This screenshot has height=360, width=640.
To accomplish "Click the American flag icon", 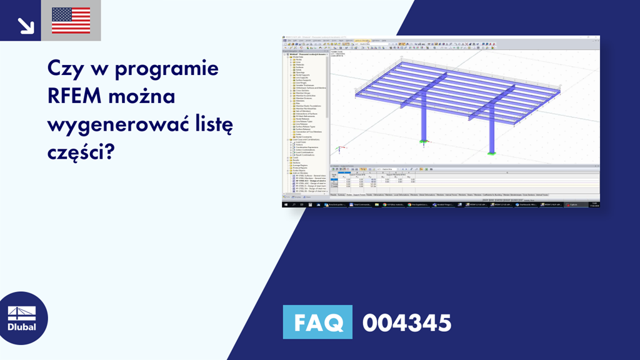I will [71, 21].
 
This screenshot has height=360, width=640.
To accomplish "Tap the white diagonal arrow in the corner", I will [26, 24].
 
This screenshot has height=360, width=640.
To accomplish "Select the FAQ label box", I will [317, 323].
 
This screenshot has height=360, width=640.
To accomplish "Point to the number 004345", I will [406, 323].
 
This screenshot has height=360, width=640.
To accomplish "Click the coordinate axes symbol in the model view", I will [339, 150].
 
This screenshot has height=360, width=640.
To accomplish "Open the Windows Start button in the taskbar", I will [286, 204].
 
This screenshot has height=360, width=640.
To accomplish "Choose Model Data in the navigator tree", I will [293, 57].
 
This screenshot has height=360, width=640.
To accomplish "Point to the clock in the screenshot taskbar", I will [594, 204].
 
